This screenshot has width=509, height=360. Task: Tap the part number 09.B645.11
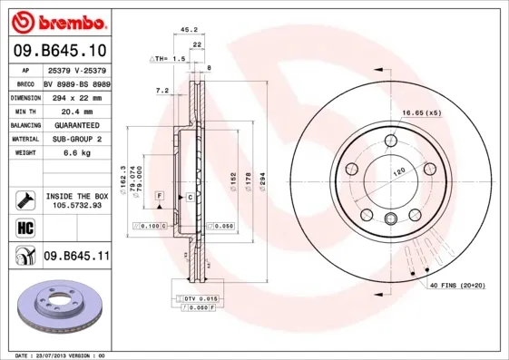76,257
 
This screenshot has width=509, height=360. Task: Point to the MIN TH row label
24,111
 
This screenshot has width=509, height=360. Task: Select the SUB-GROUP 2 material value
75,139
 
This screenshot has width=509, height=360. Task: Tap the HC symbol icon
24,226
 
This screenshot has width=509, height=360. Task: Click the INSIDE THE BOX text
76,196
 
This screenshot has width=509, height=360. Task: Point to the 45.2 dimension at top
189,29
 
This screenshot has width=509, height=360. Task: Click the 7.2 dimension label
163,91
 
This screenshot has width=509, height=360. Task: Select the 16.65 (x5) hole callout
421,113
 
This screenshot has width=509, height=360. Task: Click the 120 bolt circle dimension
396,170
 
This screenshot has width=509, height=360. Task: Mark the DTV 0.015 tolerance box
197,298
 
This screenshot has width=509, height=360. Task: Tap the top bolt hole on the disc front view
390,140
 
